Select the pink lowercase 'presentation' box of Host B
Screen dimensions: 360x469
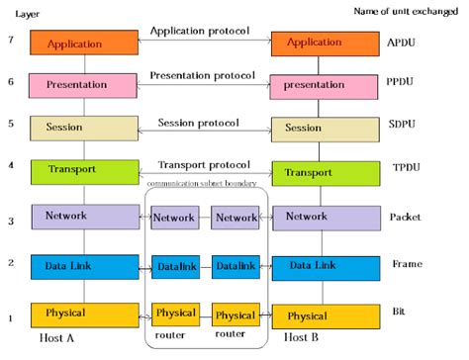tap(320, 85)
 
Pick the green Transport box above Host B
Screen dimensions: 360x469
tap(320, 173)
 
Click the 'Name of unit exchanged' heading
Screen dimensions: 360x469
tap(406, 11)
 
